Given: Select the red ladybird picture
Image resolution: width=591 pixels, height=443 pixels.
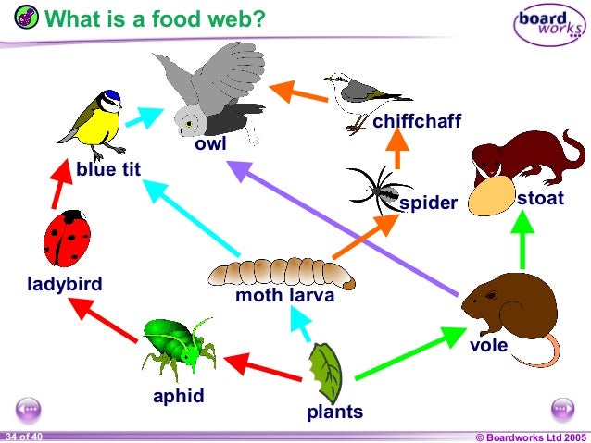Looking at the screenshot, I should click(67, 239).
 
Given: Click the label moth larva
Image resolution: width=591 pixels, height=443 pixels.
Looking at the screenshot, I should click(284, 297).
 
